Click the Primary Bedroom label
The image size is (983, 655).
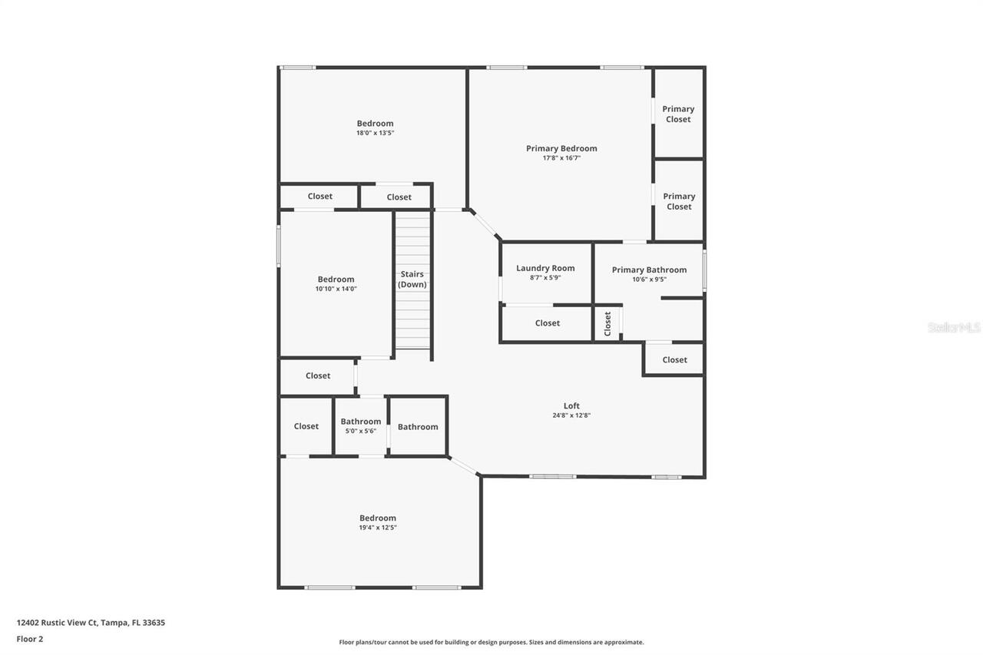click(x=561, y=148)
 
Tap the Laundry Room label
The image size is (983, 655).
click(x=545, y=268)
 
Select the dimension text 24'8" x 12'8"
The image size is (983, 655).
click(x=571, y=415)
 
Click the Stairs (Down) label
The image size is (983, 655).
click(x=412, y=279)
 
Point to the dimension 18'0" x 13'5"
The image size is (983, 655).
click(x=375, y=133)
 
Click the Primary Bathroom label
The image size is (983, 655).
click(x=649, y=270)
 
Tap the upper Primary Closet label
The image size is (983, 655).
click(x=678, y=114)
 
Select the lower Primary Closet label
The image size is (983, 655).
click(x=679, y=201)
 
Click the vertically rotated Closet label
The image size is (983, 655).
click(x=607, y=323)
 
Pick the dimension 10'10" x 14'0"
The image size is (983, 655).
click(x=336, y=289)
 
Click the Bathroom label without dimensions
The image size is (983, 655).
click(x=418, y=427)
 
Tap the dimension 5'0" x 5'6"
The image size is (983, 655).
click(x=361, y=431)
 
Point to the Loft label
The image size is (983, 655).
click(x=571, y=405)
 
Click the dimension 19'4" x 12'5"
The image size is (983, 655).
click(x=378, y=528)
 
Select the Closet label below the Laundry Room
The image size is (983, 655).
click(x=548, y=323)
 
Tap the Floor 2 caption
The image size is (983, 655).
click(x=30, y=639)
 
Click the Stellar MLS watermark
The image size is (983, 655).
click(x=954, y=327)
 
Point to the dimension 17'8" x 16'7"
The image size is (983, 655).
click(x=561, y=158)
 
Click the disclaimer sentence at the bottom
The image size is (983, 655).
click(x=491, y=642)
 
